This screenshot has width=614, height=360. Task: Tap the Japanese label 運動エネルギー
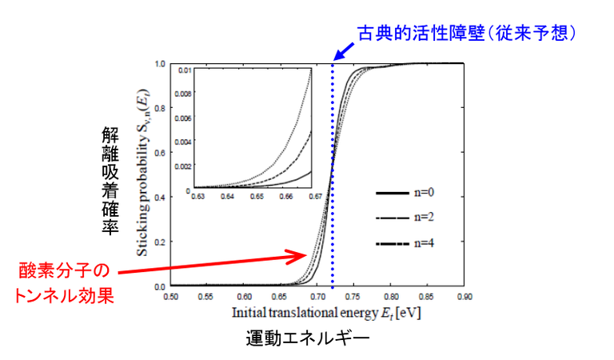[x=307, y=338]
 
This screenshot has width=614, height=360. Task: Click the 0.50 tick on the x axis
[x=171, y=296]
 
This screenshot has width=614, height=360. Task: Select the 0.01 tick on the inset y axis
[x=184, y=70]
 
